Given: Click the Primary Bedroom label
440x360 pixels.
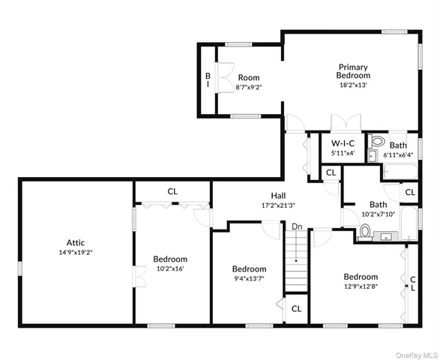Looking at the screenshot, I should (353, 71).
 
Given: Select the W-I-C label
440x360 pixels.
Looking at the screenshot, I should (343, 142).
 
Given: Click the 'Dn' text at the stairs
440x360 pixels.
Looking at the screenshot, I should (297, 226).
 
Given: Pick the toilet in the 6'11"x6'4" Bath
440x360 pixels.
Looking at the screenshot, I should (377, 141).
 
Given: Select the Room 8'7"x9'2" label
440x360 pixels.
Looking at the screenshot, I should (249, 82).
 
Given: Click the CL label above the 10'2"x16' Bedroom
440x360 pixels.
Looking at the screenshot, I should (172, 191).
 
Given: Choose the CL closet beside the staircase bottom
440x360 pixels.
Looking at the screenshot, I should (296, 308).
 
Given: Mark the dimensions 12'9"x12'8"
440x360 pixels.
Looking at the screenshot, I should (361, 286).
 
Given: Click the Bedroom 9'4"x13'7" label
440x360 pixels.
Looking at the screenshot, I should (249, 274).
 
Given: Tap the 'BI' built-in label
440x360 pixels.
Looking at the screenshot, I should (208, 80).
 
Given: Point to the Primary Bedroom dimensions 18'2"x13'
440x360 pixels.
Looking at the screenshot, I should (353, 85).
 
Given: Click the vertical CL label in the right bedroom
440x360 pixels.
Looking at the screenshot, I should (412, 283).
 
